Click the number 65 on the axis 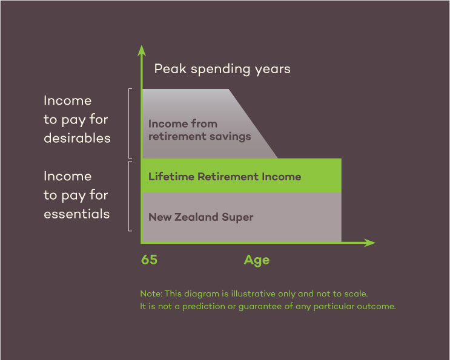pyautogui.click(x=149, y=260)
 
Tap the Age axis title pyautogui.click(x=257, y=261)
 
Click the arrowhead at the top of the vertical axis pyautogui.click(x=142, y=50)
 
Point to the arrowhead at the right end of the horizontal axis pyautogui.click(x=369, y=243)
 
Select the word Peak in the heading pyautogui.click(x=170, y=69)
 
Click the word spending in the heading pyautogui.click(x=220, y=70)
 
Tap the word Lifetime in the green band pyautogui.click(x=171, y=177)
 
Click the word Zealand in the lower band pyautogui.click(x=197, y=217)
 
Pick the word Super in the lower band pyautogui.click(x=237, y=218)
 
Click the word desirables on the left pyautogui.click(x=77, y=138)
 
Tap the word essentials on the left pyautogui.click(x=77, y=214)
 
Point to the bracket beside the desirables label pyautogui.click(x=129, y=123)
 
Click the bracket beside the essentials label pyautogui.click(x=129, y=196)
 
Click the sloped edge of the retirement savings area pyautogui.click(x=253, y=123)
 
